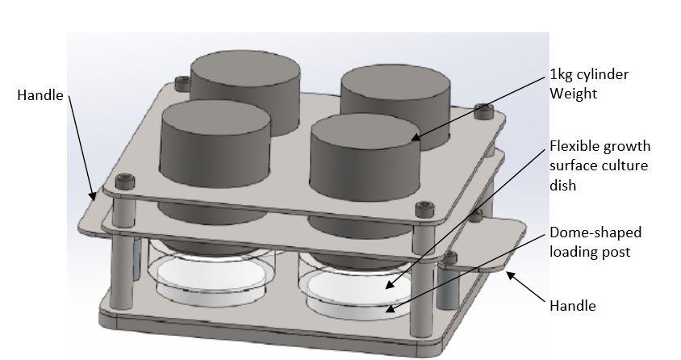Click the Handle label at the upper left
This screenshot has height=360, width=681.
pos(40,95)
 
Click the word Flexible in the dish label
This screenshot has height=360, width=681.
pos(574,147)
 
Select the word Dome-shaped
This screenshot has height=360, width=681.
pos(595,233)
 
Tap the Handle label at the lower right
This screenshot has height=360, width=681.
pos(572,306)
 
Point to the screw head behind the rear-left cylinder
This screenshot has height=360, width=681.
pos(181,83)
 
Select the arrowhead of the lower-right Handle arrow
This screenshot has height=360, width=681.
pos(508,276)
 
